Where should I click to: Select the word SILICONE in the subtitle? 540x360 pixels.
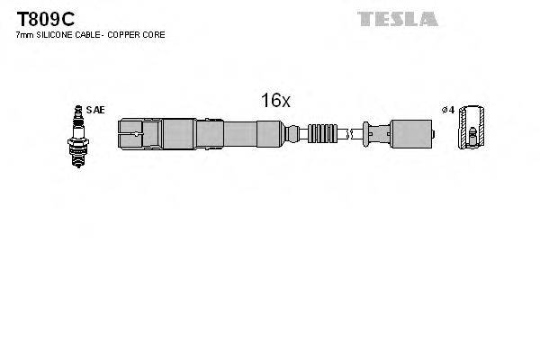pos(60,34)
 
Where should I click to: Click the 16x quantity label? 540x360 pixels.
pos(275,101)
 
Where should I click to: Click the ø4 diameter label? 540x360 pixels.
pos(446,111)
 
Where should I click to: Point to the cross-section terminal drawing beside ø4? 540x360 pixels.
pos(469,129)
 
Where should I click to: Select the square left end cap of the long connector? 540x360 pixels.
pos(130,136)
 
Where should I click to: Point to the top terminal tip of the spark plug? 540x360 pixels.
pos(76,110)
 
